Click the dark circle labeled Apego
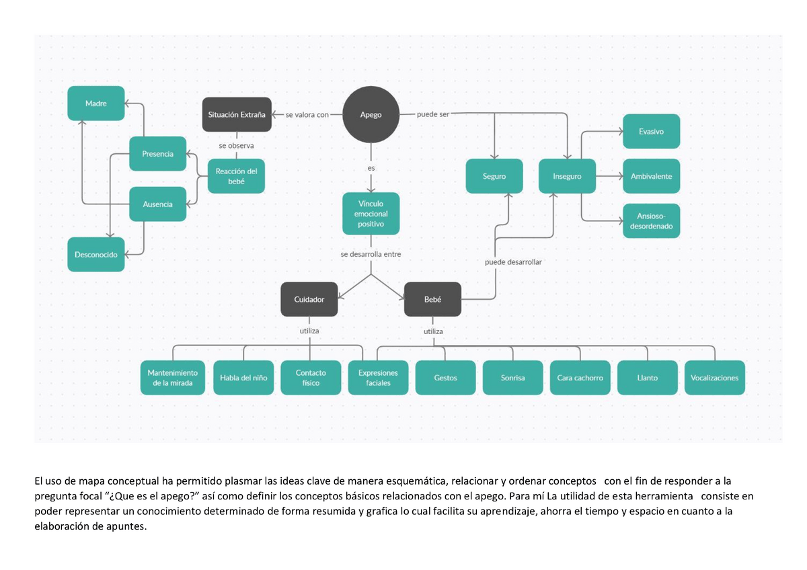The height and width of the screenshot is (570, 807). tap(371, 114)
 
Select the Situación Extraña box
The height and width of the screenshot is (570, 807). tap(237, 114)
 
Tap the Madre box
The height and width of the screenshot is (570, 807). tap(95, 104)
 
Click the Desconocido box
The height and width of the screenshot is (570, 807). tap(95, 255)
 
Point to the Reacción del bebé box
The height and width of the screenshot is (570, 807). tap(236, 176)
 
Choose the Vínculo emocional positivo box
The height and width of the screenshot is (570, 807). tap(371, 214)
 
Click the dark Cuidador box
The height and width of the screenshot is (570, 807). tap(309, 299)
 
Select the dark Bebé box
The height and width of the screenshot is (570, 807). tap(432, 299)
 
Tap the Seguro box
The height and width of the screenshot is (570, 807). tap(494, 176)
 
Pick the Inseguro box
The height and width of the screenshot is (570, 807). tap(567, 176)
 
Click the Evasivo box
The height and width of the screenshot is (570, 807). tap(652, 132)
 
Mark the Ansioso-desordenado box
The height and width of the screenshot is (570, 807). tap(652, 220)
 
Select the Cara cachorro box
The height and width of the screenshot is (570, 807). tap(580, 378)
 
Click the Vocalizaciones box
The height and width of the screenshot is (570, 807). tap(715, 378)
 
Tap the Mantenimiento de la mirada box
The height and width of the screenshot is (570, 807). tap(173, 378)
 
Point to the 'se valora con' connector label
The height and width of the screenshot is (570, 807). tap(307, 115)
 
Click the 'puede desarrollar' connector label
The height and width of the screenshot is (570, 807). tap(513, 262)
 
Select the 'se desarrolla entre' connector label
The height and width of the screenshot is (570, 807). tap(371, 254)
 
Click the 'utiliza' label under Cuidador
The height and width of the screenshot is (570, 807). tap(309, 331)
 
